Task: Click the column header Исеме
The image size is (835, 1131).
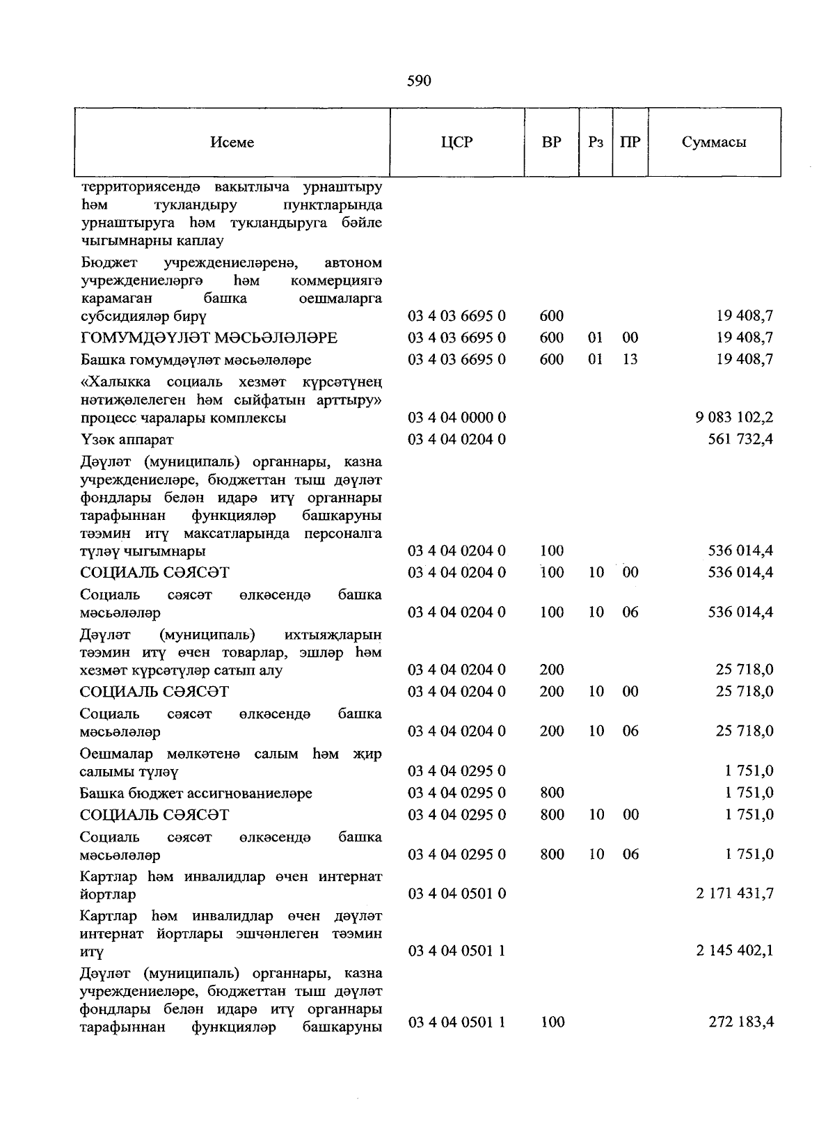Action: coord(232,143)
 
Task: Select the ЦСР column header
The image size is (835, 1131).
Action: coord(456,143)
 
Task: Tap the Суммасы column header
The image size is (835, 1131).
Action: coord(714,143)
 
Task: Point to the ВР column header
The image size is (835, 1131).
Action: coord(552,143)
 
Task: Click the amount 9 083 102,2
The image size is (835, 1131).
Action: coord(734,418)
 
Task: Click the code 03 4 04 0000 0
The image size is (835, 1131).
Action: coord(456,418)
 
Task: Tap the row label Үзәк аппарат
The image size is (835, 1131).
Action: coord(127,440)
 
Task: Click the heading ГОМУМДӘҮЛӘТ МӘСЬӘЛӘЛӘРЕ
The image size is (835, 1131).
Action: coord(209,338)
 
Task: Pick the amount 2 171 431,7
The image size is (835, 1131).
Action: coord(734,894)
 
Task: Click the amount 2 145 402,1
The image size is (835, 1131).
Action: coord(734,951)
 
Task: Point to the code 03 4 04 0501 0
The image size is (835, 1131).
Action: coord(456,894)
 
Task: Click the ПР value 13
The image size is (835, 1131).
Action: coord(630,360)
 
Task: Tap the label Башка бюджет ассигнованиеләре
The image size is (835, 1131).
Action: coord(196,793)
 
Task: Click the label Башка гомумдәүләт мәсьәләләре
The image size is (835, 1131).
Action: coord(196,360)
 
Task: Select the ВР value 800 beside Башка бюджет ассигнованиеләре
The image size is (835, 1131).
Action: coord(552,793)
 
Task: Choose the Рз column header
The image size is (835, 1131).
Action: coord(596,143)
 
